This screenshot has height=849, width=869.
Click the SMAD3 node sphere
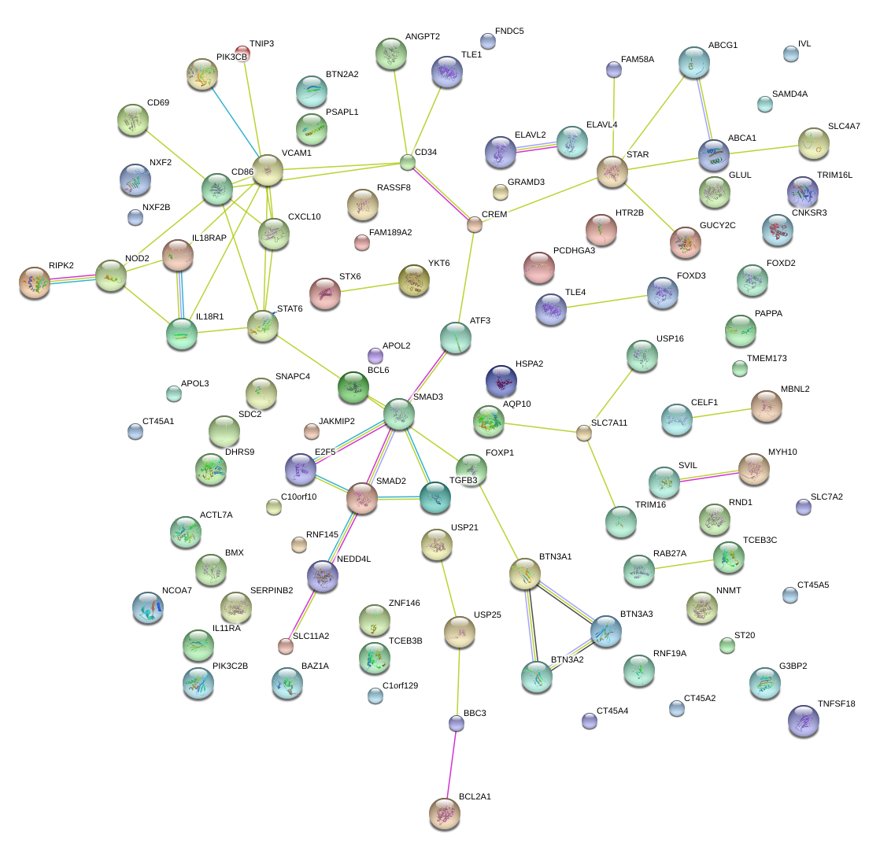click(399, 413)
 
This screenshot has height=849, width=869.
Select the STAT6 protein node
click(263, 326)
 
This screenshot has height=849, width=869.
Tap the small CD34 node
click(407, 163)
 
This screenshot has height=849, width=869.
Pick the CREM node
click(474, 225)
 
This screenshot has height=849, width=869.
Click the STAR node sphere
click(612, 172)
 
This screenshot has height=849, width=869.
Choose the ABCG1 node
click(694, 62)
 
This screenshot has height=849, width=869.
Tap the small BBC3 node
click(457, 722)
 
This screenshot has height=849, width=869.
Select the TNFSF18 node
click(803, 721)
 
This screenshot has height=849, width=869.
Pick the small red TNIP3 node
click(243, 53)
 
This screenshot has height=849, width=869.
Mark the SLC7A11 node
click(583, 432)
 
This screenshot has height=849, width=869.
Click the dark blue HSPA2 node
click(501, 381)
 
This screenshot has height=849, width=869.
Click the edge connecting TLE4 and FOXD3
click(606, 301)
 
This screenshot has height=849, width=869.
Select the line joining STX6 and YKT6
click(370, 287)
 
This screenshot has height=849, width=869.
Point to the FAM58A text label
click(638, 59)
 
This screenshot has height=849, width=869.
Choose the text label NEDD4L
click(353, 559)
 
